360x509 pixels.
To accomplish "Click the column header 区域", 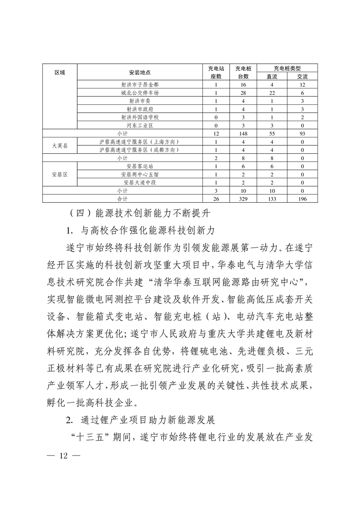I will tap(60, 72).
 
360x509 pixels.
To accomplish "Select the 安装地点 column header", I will tap(140, 72).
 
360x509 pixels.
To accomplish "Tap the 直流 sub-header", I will tap(272, 76).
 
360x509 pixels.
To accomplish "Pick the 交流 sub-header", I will tap(302, 76).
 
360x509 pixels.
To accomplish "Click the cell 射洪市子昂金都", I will tap(140, 84).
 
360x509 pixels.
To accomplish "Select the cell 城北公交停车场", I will tap(140, 93).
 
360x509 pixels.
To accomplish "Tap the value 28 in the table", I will tap(243, 93).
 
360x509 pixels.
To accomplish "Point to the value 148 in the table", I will tap(243, 133).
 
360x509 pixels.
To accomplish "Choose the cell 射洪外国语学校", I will tap(140, 117).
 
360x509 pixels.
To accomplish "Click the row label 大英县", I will tap(60, 146).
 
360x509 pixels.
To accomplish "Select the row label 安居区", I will tap(60, 174).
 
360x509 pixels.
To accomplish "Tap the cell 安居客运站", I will tap(140, 166).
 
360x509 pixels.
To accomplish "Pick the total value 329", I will tap(243, 199).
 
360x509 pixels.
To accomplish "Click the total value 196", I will tap(302, 199).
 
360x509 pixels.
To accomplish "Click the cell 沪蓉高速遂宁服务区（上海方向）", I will tap(140, 142).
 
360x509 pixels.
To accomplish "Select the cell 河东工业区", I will tap(140, 125).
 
